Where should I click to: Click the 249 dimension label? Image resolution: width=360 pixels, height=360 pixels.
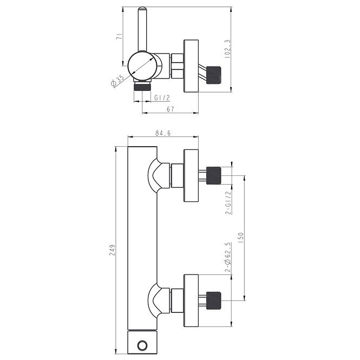[x=112, y=250]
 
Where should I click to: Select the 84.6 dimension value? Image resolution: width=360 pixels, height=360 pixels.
[x=163, y=133]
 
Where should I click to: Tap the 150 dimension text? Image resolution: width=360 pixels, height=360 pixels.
[x=240, y=238]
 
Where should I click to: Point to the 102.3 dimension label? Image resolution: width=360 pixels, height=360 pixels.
[x=227, y=49]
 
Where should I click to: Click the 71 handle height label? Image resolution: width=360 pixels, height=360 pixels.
[x=119, y=37]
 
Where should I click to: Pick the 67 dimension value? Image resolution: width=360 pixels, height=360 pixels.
[x=171, y=109]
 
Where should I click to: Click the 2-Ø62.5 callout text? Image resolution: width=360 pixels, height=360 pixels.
[x=227, y=257]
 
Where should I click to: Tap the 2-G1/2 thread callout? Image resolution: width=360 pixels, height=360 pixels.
[x=228, y=202]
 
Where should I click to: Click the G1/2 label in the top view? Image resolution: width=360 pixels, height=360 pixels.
[x=162, y=98]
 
